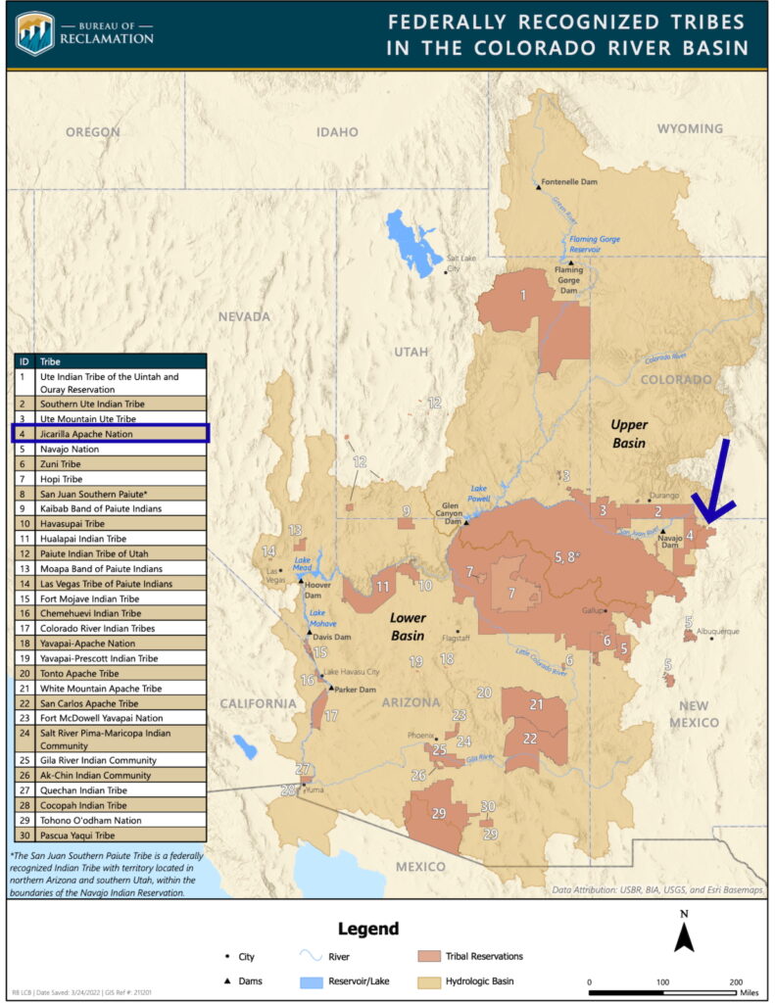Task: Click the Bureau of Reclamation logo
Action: [x=35, y=33]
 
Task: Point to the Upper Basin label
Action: [x=629, y=433]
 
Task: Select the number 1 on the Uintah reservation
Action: [x=523, y=295]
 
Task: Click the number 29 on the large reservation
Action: [x=439, y=813]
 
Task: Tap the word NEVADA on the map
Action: [x=243, y=316]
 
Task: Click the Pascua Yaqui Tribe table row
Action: [x=110, y=836]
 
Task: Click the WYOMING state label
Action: [x=689, y=128]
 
